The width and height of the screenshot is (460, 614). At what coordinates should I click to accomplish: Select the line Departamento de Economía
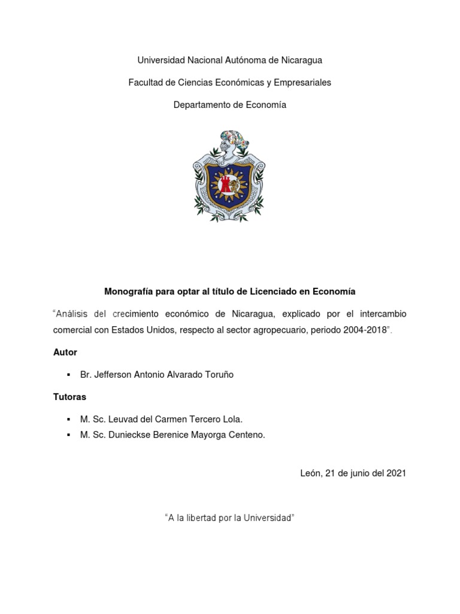(230, 105)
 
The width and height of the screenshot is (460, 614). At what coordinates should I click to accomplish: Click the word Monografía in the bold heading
(128, 291)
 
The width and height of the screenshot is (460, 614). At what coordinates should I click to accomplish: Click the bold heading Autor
(65, 352)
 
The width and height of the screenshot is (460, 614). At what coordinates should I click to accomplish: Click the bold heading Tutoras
(69, 397)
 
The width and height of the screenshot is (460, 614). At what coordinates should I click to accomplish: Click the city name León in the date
(310, 473)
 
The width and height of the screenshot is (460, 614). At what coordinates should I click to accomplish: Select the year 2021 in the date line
(396, 473)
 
